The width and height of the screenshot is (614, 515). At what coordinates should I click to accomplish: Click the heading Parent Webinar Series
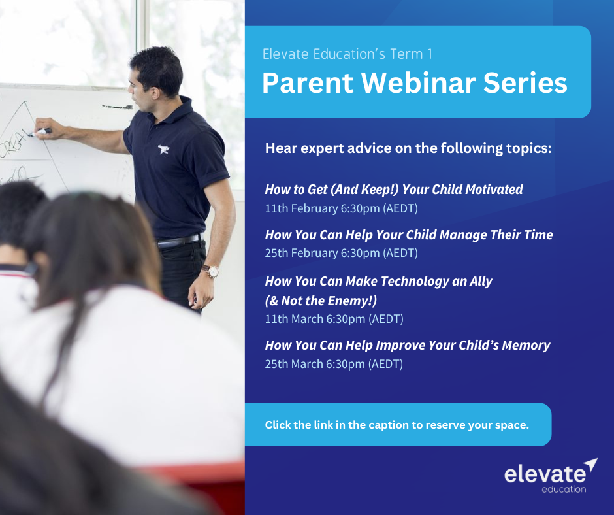(x=414, y=84)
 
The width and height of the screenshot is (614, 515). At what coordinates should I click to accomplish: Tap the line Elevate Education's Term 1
(x=347, y=54)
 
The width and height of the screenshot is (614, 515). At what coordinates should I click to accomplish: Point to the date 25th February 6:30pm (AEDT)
(x=341, y=253)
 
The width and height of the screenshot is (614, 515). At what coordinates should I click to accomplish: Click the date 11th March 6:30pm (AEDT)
(x=334, y=319)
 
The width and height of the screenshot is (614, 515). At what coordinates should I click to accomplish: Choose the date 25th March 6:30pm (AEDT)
(x=334, y=364)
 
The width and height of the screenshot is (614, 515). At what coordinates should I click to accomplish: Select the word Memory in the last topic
(x=526, y=345)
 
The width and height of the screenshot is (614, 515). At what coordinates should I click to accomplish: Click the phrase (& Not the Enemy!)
(x=321, y=301)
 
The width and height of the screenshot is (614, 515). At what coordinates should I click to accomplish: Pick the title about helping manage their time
(x=408, y=235)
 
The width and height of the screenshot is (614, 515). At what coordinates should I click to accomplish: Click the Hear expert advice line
(x=408, y=148)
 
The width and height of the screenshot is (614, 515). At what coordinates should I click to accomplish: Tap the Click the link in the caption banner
(x=397, y=425)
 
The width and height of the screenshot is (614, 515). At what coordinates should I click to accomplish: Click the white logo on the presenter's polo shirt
(x=164, y=150)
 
